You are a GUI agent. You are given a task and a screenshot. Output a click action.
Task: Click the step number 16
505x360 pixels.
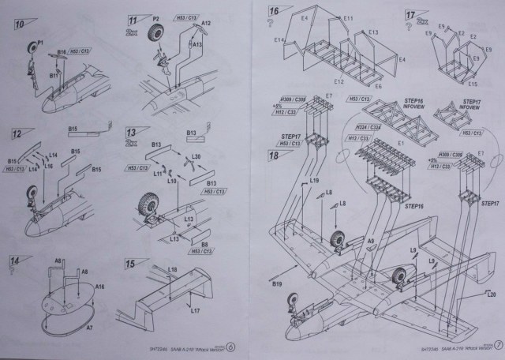(275, 12)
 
